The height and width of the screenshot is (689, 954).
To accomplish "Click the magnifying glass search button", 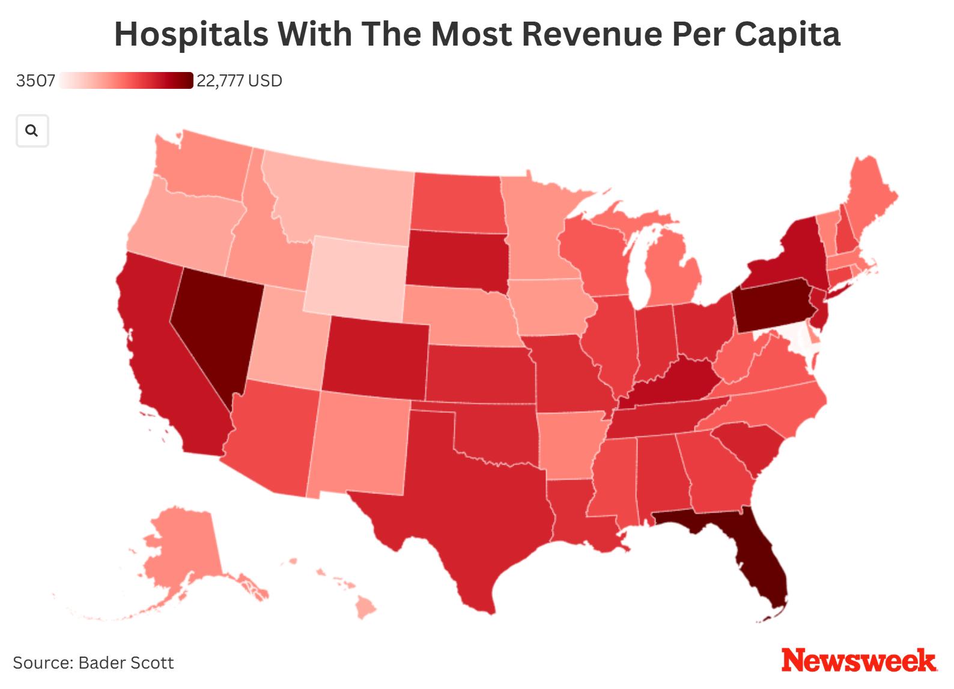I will [32, 131].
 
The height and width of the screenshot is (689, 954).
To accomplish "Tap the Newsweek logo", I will [859, 661].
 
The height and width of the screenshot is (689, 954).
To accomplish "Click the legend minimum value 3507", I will [35, 81].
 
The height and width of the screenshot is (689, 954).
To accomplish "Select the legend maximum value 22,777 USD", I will [239, 81].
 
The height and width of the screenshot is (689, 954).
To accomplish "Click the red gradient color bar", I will [126, 80].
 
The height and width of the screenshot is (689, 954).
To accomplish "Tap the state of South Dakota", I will [457, 258].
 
